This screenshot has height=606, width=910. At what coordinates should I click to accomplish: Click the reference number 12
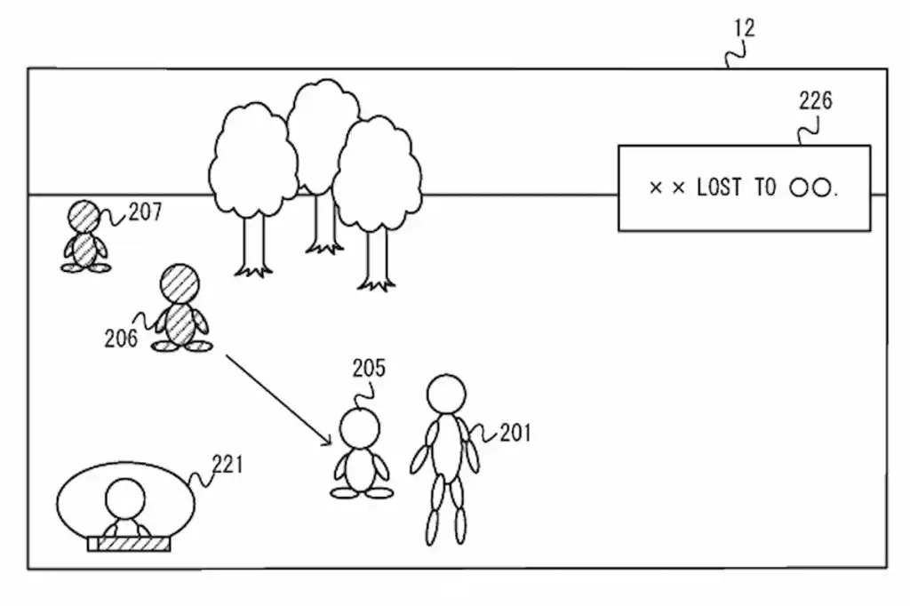tap(744, 28)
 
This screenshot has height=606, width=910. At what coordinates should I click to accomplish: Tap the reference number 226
tap(815, 101)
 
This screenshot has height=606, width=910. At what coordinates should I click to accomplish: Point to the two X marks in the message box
tap(667, 188)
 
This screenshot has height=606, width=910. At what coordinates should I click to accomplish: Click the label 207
tap(145, 212)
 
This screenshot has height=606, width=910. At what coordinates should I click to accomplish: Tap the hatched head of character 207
tap(85, 216)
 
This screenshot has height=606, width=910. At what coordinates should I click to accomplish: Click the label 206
tap(120, 338)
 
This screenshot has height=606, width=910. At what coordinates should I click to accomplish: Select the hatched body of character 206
tap(180, 323)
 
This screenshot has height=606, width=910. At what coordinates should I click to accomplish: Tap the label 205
tap(369, 368)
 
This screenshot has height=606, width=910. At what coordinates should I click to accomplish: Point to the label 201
tap(515, 433)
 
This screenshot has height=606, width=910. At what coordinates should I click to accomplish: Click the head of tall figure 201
tap(445, 394)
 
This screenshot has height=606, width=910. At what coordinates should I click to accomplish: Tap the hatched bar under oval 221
tap(128, 544)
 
